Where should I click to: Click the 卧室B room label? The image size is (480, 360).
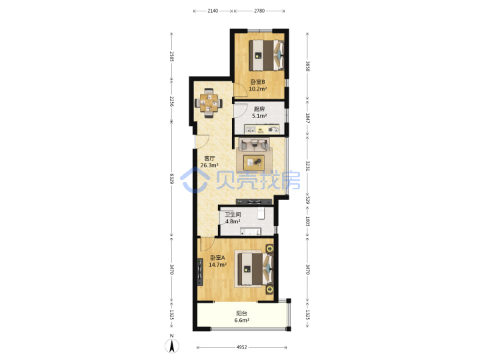[258, 82]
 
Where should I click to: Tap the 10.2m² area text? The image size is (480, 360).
[258, 89]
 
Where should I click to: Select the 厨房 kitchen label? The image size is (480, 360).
[259, 109]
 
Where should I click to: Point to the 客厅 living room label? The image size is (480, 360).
[209, 159]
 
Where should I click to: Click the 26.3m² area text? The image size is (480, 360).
[209, 165]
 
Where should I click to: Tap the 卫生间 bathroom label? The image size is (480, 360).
[233, 215]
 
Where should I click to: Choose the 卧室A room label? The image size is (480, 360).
[217, 258]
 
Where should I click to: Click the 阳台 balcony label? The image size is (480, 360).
[241, 313]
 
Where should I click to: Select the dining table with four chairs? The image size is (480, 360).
[209, 103]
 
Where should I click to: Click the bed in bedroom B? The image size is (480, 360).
[266, 55]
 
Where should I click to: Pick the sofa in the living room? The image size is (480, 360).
[254, 144]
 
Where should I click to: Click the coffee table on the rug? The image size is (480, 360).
[254, 163]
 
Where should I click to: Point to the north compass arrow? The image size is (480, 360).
[172, 346]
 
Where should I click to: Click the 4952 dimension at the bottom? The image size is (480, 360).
[241, 347]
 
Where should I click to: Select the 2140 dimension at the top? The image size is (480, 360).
[213, 11]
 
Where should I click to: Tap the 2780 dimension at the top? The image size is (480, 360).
[259, 11]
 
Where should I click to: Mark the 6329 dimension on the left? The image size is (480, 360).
[172, 179]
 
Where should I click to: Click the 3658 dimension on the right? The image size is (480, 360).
[307, 66]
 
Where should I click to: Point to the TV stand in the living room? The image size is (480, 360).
[254, 202]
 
